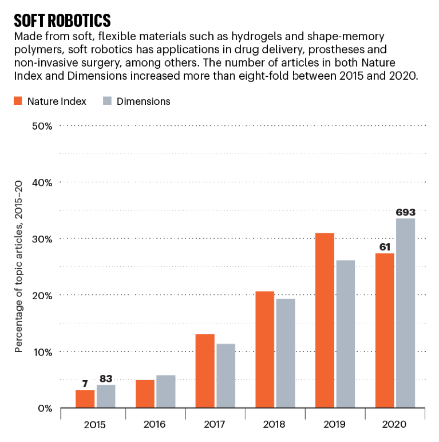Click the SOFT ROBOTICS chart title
(62, 20)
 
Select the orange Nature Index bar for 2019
(325, 320)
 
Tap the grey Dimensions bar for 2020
(405, 313)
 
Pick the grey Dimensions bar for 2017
(225, 375)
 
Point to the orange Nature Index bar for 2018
(265, 350)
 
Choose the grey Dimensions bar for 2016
(165, 392)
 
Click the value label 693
(405, 212)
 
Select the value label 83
(105, 378)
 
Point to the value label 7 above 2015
(85, 384)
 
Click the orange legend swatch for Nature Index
(18, 101)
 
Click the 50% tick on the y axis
(42, 126)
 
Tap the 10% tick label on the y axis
(42, 352)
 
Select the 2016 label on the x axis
(155, 425)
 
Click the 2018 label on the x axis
(275, 425)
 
